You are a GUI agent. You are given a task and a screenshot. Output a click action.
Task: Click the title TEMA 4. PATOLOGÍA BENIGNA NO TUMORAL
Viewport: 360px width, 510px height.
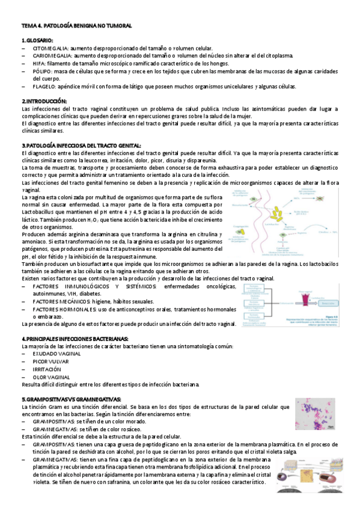(76, 26)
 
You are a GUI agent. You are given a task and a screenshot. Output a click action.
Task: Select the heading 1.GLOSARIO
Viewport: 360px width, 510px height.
(37, 39)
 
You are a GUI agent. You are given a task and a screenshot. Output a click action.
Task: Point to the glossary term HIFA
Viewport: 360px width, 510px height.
(38, 63)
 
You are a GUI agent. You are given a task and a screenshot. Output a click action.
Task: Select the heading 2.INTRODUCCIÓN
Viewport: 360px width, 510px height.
(44, 101)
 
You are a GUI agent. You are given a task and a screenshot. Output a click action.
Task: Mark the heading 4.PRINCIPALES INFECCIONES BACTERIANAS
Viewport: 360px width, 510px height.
(75, 339)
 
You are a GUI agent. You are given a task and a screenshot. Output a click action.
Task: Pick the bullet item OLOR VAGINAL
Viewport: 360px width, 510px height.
(51, 376)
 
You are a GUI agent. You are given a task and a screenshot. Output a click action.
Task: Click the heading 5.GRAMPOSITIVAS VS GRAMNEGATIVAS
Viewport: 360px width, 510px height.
(71, 399)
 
